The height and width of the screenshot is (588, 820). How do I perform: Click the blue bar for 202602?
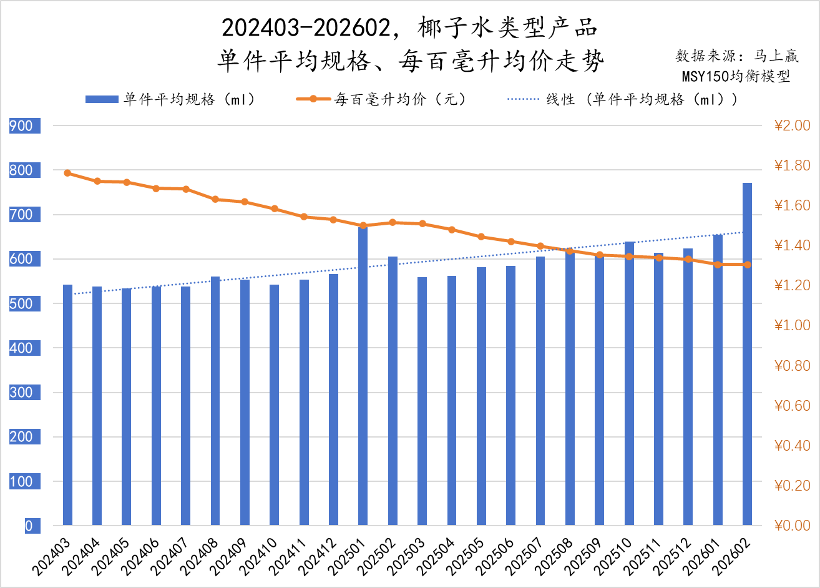[x=747, y=354]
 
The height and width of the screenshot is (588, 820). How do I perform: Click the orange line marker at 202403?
[x=67, y=173]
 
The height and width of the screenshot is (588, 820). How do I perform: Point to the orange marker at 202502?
[x=393, y=222]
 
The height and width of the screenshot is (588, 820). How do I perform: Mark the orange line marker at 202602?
[x=747, y=265]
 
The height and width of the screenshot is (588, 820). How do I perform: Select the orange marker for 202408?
[x=215, y=200]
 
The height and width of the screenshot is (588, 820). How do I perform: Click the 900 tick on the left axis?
[x=21, y=126]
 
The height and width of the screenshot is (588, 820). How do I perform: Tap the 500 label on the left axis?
[x=21, y=304]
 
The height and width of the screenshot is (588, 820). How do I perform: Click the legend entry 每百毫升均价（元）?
[x=400, y=99]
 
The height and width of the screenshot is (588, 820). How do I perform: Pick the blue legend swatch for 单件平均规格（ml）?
[x=101, y=99]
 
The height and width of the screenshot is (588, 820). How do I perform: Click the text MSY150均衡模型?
[x=736, y=76]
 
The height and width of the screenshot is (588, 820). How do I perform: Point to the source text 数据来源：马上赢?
[x=737, y=56]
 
